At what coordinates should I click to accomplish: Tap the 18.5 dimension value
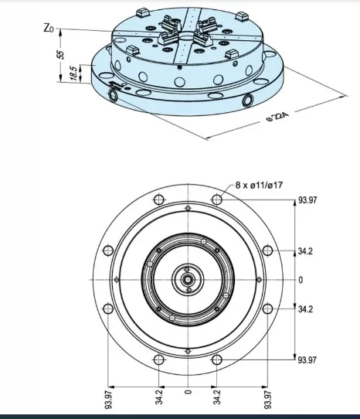point(73,73)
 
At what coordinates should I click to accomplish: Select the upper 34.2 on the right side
point(305,252)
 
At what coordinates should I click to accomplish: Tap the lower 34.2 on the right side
point(305,308)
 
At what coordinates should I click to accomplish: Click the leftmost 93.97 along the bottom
point(110,400)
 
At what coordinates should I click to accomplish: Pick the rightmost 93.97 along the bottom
point(267,400)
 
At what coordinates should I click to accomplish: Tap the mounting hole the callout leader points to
point(217,199)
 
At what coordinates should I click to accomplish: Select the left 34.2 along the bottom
point(160,397)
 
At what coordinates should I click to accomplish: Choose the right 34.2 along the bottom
point(217,397)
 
